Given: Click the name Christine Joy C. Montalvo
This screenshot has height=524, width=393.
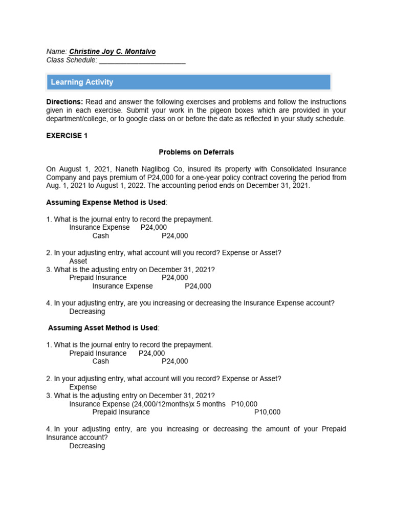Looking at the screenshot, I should (113, 52).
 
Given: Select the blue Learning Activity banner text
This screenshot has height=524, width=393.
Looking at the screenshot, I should (82, 82).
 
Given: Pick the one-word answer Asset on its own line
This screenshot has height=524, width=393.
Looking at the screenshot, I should (78, 261).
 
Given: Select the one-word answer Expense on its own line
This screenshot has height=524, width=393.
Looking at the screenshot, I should (83, 387).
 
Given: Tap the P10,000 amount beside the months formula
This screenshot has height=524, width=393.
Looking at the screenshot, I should (244, 404).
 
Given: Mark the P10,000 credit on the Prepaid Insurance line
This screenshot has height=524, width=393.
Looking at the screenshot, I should (267, 412).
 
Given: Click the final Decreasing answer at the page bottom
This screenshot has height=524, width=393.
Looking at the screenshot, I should (87, 446).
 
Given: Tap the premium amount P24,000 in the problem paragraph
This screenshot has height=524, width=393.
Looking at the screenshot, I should (170, 177).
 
